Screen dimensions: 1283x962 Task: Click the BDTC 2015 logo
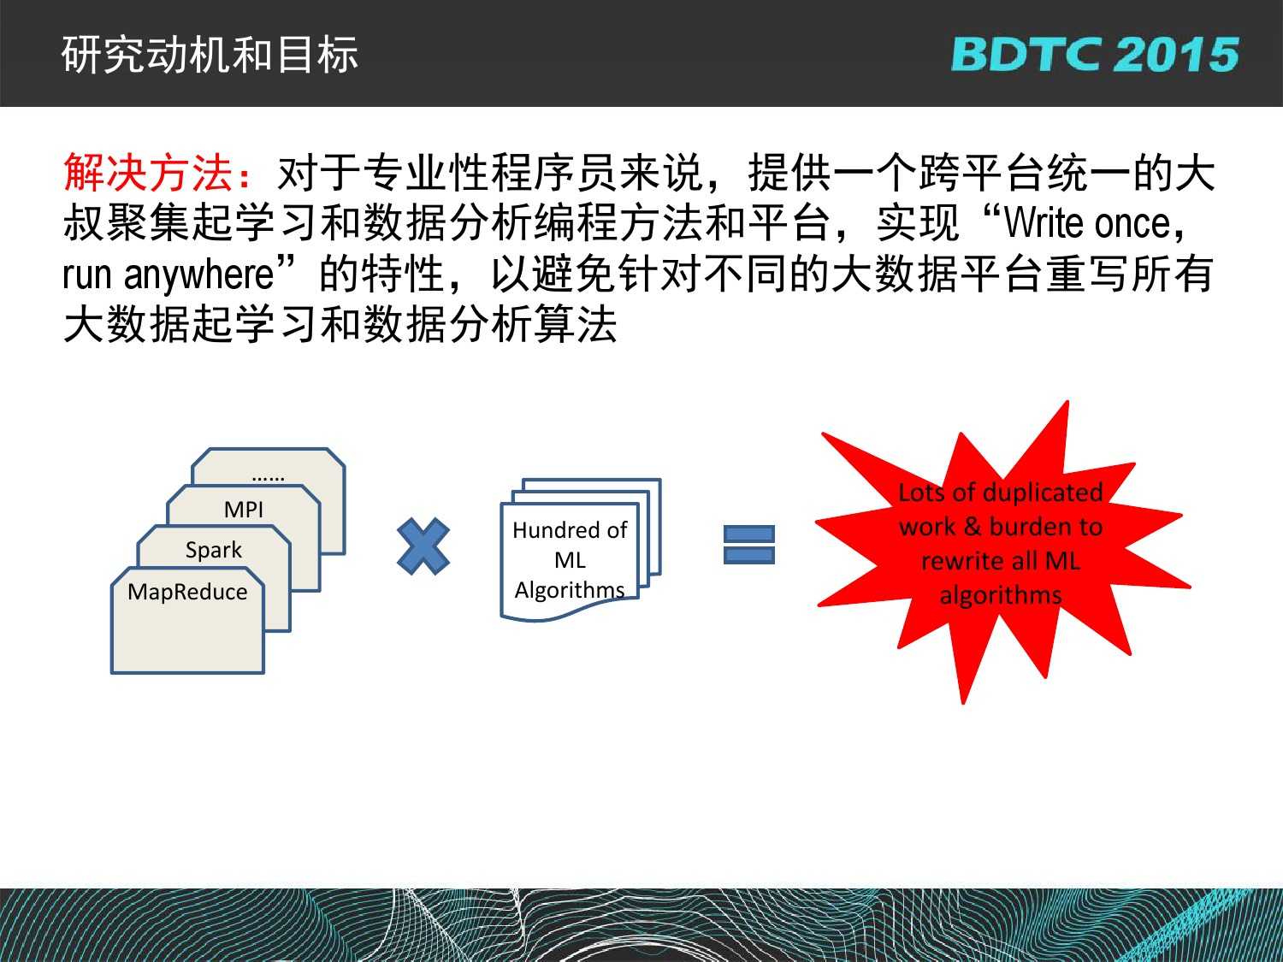tap(1095, 54)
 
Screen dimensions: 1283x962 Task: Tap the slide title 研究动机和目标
tap(210, 55)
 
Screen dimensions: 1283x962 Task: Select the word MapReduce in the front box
tap(187, 592)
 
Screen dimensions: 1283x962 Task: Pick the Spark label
tap(213, 550)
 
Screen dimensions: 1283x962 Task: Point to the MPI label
tap(244, 510)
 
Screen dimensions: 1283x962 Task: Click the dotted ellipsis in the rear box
tap(268, 478)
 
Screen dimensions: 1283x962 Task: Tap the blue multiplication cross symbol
tap(423, 546)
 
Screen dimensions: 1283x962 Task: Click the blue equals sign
tap(748, 545)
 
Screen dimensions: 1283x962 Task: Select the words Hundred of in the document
tap(570, 530)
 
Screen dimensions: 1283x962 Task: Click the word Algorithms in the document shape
tap(570, 590)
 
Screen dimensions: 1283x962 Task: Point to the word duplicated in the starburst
tap(1044, 492)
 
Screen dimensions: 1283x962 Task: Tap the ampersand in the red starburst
tap(972, 526)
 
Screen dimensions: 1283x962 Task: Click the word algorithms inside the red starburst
tap(1000, 595)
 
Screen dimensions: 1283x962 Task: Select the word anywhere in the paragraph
tap(198, 274)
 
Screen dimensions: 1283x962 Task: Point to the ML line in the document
tap(570, 560)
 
